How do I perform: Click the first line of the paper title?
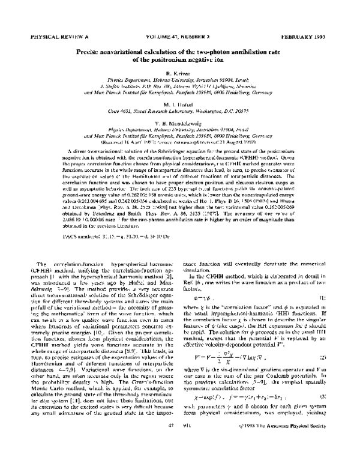[179, 52]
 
